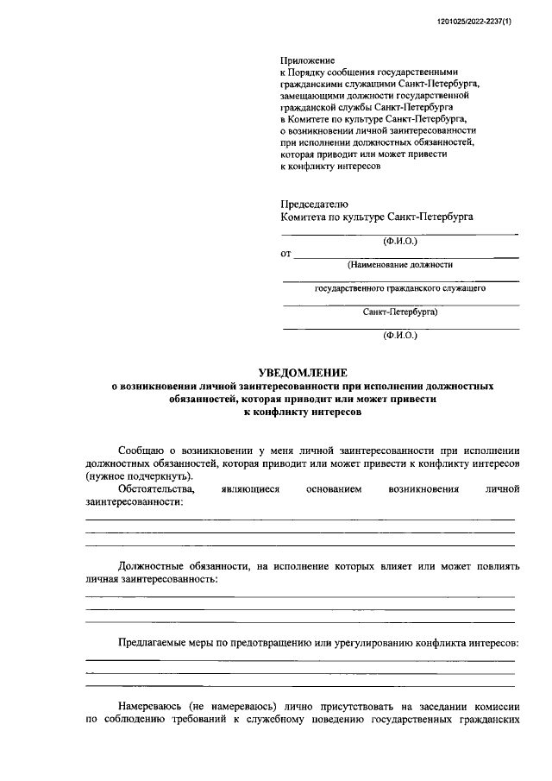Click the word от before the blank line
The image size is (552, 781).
point(286,255)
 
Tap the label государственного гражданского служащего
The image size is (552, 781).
point(400,288)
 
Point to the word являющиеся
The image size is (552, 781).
point(250,488)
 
